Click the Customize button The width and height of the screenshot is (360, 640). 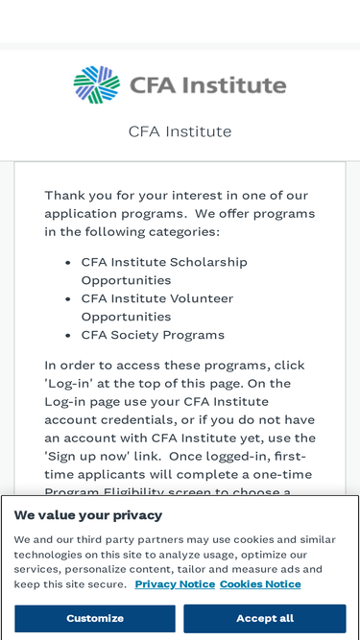tap(95, 618)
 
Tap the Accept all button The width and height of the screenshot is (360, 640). tap(264, 618)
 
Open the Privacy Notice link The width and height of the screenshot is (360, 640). tap(175, 584)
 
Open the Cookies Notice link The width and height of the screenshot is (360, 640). tap(260, 584)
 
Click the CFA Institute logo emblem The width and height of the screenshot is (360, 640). tap(96, 85)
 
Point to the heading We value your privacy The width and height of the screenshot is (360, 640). tap(88, 515)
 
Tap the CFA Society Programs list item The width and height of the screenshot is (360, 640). tap(153, 335)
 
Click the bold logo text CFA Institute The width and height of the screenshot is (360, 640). tap(213, 85)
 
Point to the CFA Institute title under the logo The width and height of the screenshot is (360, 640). tap(180, 131)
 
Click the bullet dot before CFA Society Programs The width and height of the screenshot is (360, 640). tap(68, 336)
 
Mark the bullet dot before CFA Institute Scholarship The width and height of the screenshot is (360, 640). tap(68, 263)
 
